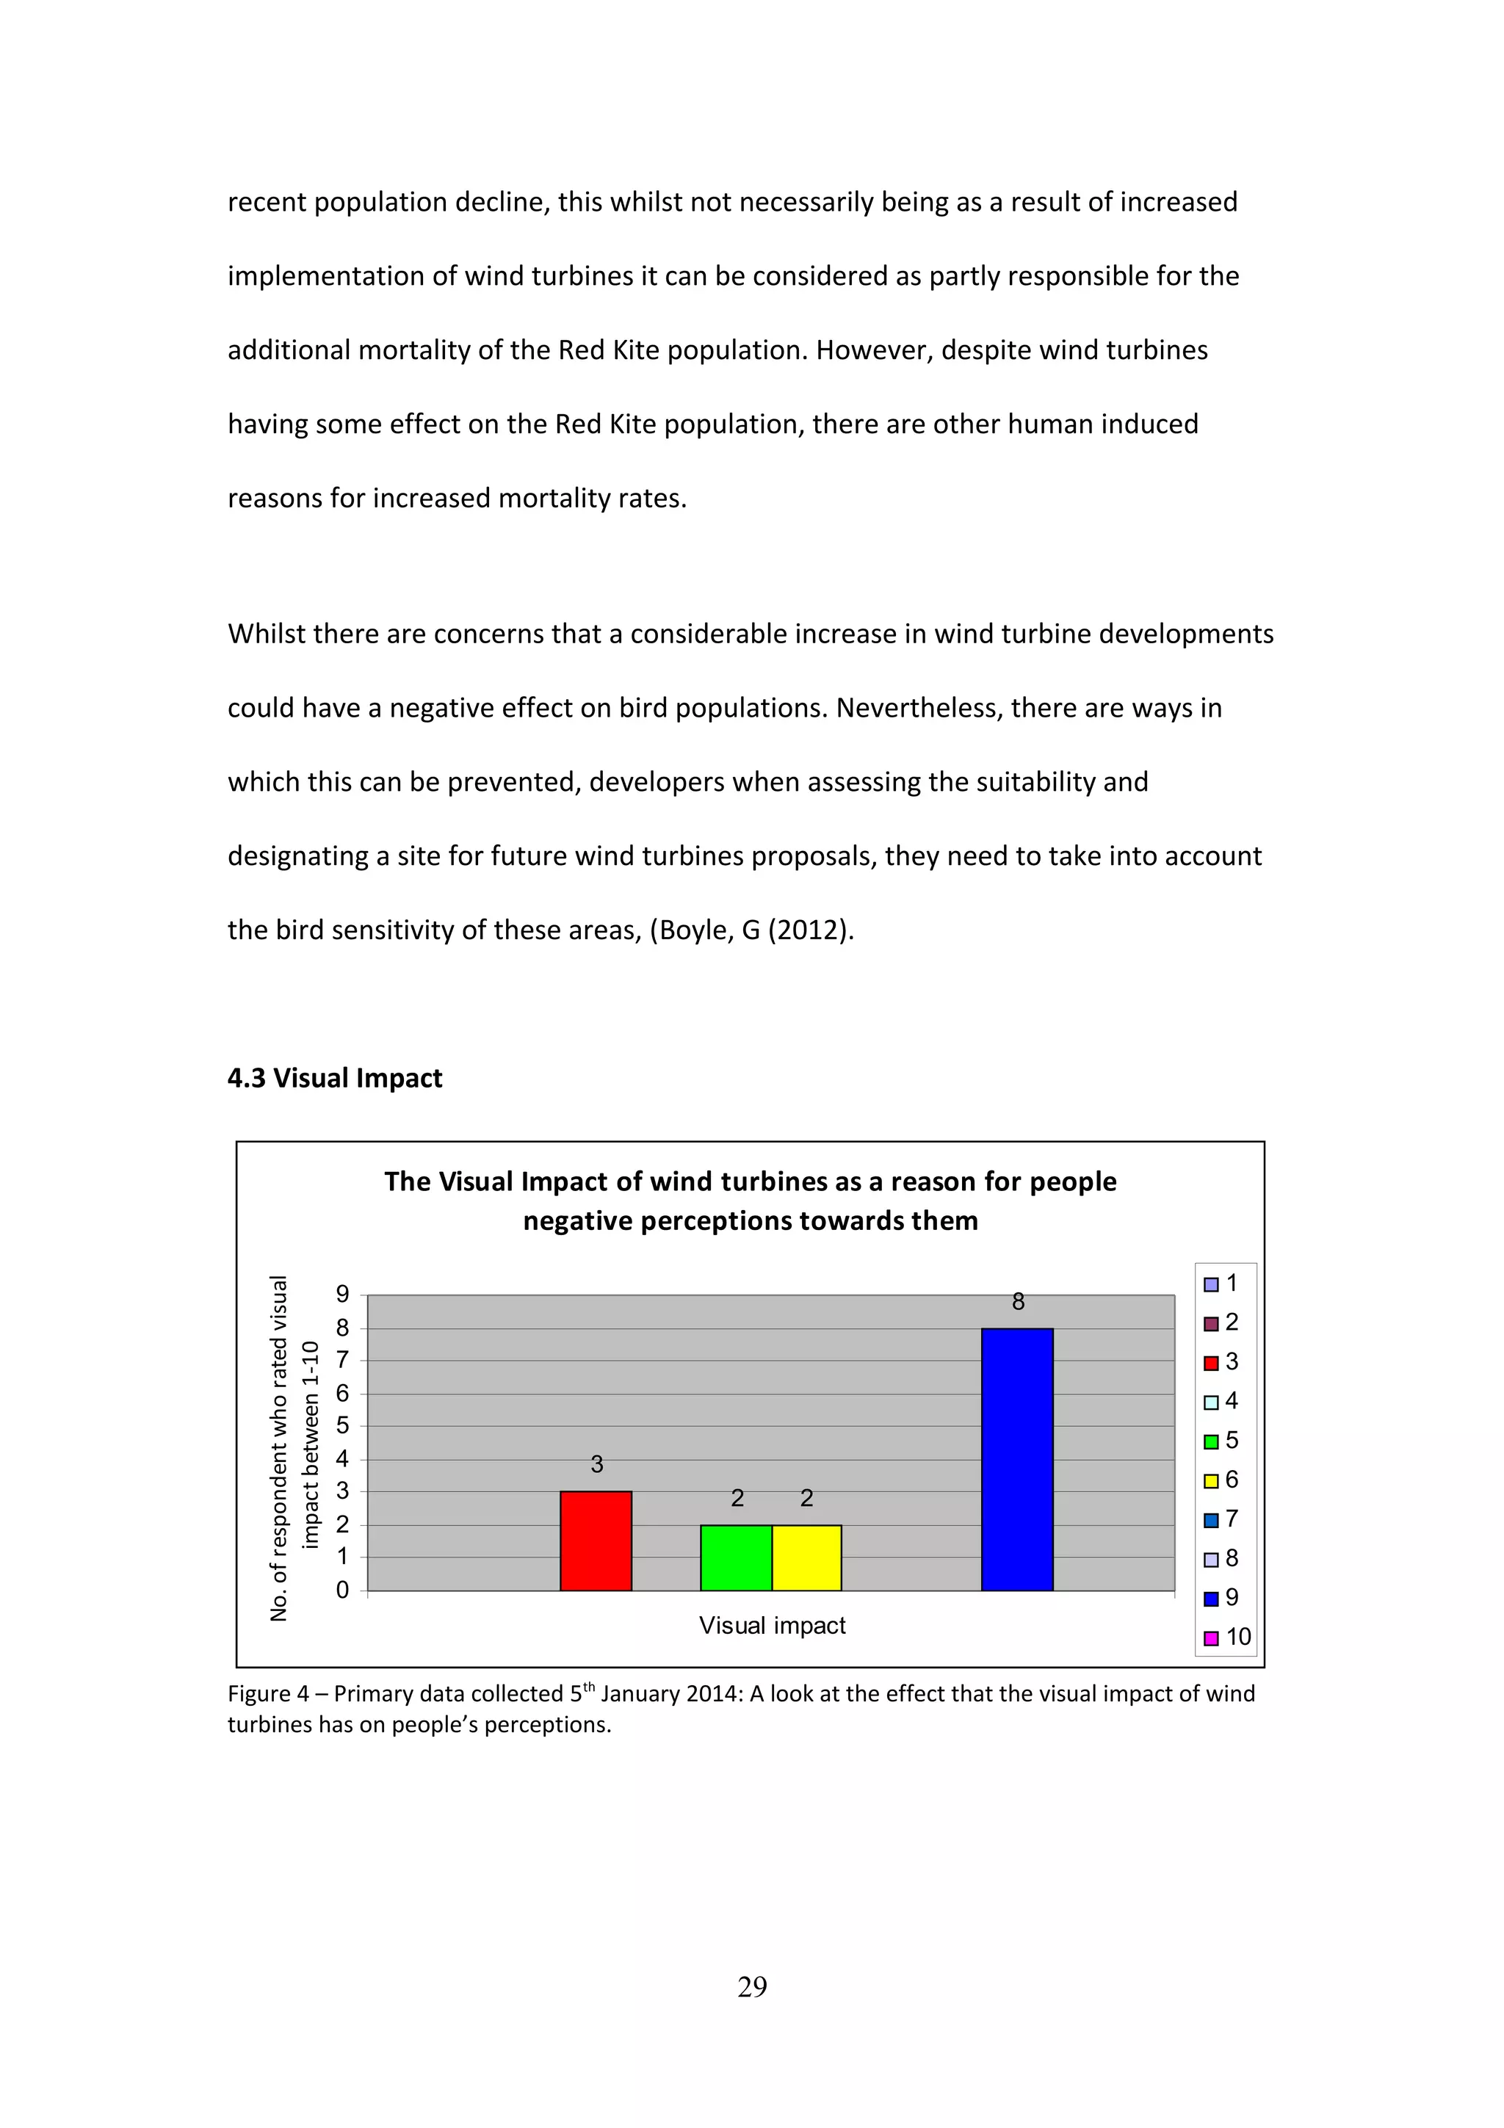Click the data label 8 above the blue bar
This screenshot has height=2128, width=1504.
[1018, 1302]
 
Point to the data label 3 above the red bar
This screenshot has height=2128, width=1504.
[597, 1464]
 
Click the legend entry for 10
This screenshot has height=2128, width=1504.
[1228, 1637]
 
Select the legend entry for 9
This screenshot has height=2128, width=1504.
[1221, 1598]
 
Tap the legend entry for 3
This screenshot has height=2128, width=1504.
[1221, 1362]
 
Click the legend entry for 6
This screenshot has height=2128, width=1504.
[1221, 1480]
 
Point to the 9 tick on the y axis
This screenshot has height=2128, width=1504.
[343, 1294]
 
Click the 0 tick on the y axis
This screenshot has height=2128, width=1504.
[343, 1590]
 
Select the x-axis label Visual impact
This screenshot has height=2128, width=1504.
[772, 1626]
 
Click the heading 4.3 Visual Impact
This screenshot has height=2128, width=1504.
[335, 1078]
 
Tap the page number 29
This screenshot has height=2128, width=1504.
[751, 1986]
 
